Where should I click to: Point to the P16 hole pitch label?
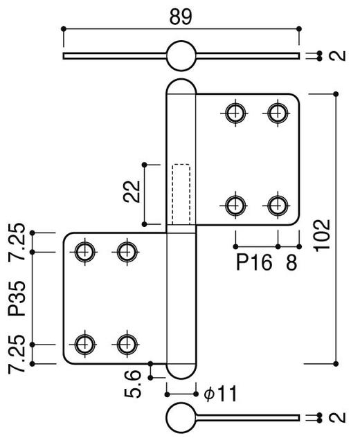253,264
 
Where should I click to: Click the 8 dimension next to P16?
292,264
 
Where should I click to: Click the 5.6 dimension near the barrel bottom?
136,383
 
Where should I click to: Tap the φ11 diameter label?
221,394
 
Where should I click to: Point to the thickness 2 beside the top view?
339,56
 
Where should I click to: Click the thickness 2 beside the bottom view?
339,417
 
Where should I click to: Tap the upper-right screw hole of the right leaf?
278,111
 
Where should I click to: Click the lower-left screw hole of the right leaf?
235,204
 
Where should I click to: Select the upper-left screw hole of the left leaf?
84,252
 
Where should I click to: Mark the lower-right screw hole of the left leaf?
126,343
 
